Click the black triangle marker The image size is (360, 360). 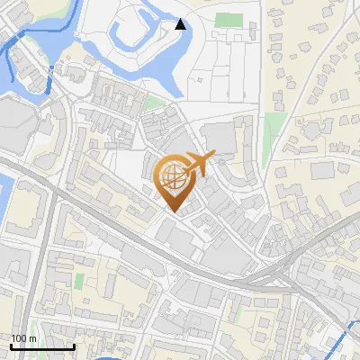coord(181,24)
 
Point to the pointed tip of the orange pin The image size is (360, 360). coord(173,212)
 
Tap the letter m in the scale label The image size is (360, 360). coord(32,338)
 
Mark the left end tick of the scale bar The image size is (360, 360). coord(11,346)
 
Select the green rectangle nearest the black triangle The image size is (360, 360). coord(229,20)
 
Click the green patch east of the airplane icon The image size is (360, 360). coord(267,153)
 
